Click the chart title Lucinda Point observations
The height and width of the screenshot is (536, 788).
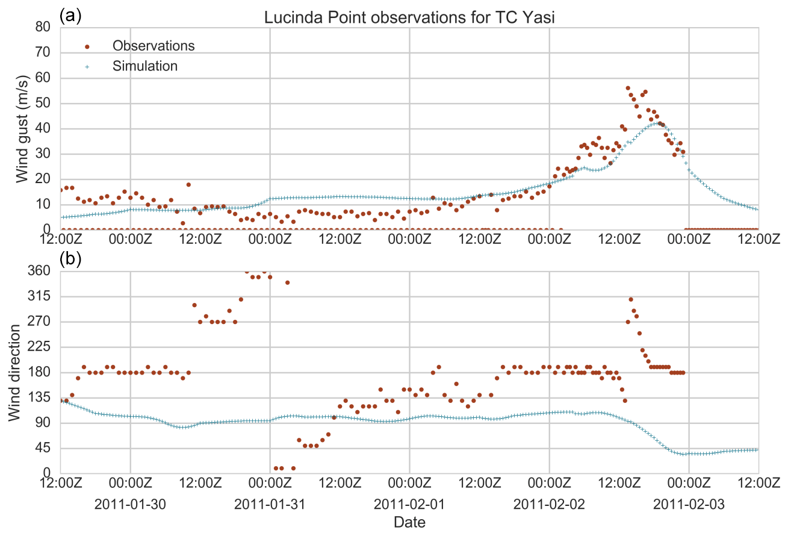pyautogui.click(x=409, y=17)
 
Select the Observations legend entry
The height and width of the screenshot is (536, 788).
pyautogui.click(x=153, y=46)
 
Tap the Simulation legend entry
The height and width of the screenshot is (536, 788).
pyautogui.click(x=144, y=66)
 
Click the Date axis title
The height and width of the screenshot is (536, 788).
pyautogui.click(x=409, y=522)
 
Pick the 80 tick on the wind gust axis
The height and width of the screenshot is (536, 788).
pyautogui.click(x=43, y=28)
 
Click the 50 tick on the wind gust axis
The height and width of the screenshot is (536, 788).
pyautogui.click(x=43, y=104)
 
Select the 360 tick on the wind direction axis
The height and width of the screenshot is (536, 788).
pyautogui.click(x=40, y=271)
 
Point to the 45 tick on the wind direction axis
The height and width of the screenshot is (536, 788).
pyautogui.click(x=43, y=448)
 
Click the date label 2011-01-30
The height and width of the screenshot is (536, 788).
pyautogui.click(x=129, y=503)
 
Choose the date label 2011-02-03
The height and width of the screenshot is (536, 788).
pyautogui.click(x=689, y=503)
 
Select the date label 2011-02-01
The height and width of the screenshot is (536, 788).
pyautogui.click(x=409, y=503)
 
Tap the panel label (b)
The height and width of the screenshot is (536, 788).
pyautogui.click(x=70, y=258)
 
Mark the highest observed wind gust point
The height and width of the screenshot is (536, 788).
pyautogui.click(x=628, y=88)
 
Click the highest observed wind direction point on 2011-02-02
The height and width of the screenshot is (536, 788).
pyautogui.click(x=631, y=299)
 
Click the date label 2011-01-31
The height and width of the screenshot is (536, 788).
pyautogui.click(x=269, y=503)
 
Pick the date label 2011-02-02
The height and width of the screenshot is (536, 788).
pyautogui.click(x=549, y=503)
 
